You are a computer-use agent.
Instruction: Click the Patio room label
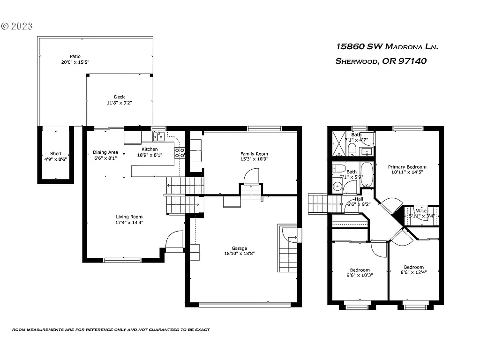(75, 56)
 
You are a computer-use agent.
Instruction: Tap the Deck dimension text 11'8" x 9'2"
(120, 103)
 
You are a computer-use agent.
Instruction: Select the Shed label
(55, 154)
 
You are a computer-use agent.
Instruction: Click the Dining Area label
(105, 152)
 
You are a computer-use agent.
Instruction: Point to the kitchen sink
(159, 136)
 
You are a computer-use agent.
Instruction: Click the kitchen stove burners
(180, 152)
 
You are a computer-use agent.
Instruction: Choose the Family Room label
(254, 154)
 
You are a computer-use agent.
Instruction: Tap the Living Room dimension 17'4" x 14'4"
(129, 223)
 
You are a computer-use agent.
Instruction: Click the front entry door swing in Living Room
(174, 240)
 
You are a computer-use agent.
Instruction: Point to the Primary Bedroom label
(407, 167)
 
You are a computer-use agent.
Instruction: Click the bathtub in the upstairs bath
(367, 175)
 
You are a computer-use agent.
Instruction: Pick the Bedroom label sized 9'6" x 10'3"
(360, 270)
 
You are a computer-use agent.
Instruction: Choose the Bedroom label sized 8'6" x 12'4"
(413, 267)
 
